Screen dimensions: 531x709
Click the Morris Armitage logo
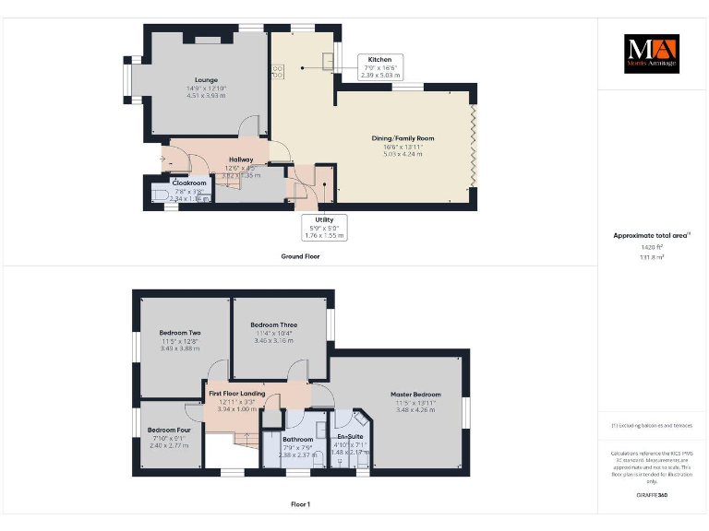pos(652,54)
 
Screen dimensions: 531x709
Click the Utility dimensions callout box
pos(324,227)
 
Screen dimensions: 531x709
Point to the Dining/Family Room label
pos(403,138)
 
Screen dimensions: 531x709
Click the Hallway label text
pos(241,159)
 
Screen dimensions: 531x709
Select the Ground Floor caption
pos(300,256)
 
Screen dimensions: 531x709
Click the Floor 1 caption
pos(300,504)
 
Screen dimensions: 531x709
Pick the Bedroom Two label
pos(180,333)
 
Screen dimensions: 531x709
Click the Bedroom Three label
pos(274,325)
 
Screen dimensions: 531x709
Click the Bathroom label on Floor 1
pos(297,439)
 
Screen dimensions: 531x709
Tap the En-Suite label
pos(350,436)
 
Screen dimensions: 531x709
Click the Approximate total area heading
pos(652,236)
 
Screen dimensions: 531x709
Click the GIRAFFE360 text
pos(652,496)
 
